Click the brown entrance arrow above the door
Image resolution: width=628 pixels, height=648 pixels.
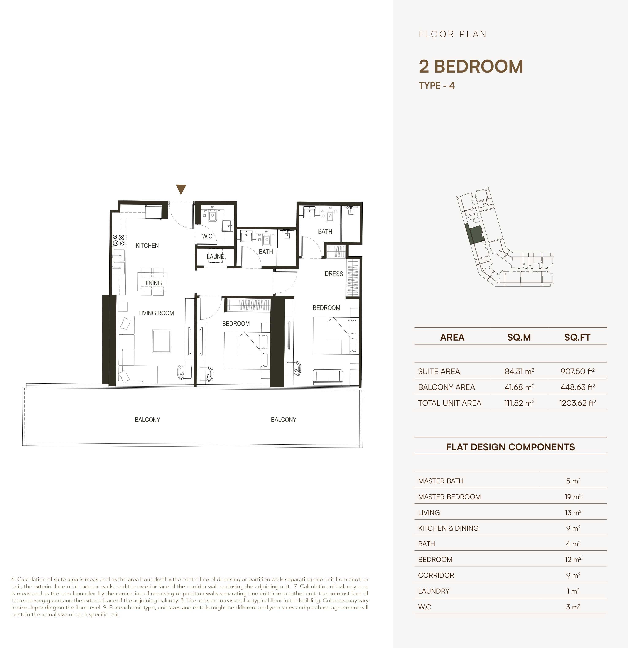pos(181,189)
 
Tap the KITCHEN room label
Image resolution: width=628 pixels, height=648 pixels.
pos(147,246)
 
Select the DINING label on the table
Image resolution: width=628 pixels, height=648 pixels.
pos(152,283)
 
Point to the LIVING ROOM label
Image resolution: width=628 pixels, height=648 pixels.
pos(156,313)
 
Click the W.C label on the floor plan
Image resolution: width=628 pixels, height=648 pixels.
pos(207,236)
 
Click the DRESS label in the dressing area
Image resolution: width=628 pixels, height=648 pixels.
pos(334,274)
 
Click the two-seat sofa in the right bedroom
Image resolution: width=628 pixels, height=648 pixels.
pos(328,377)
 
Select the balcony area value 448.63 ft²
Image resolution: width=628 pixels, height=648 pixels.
pos(577,387)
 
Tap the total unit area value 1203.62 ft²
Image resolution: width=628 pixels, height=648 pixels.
pos(577,403)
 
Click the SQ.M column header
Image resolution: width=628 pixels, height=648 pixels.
pos(519,337)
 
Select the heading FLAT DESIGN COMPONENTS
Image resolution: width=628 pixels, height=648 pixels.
pos(510,447)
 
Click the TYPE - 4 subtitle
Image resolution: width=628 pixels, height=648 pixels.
pos(437,86)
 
